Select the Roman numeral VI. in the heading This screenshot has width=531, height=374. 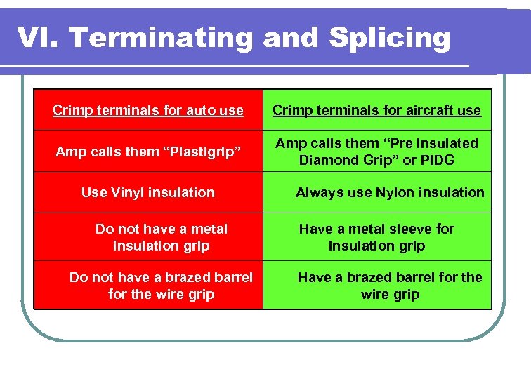(x=38, y=38)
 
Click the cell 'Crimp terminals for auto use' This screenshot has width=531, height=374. (x=148, y=110)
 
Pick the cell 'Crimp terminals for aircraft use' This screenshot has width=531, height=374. (x=377, y=110)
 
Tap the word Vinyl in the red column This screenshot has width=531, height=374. (x=131, y=192)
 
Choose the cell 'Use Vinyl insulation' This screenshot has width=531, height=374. (x=148, y=192)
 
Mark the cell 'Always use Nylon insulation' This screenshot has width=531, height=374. (x=390, y=192)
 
